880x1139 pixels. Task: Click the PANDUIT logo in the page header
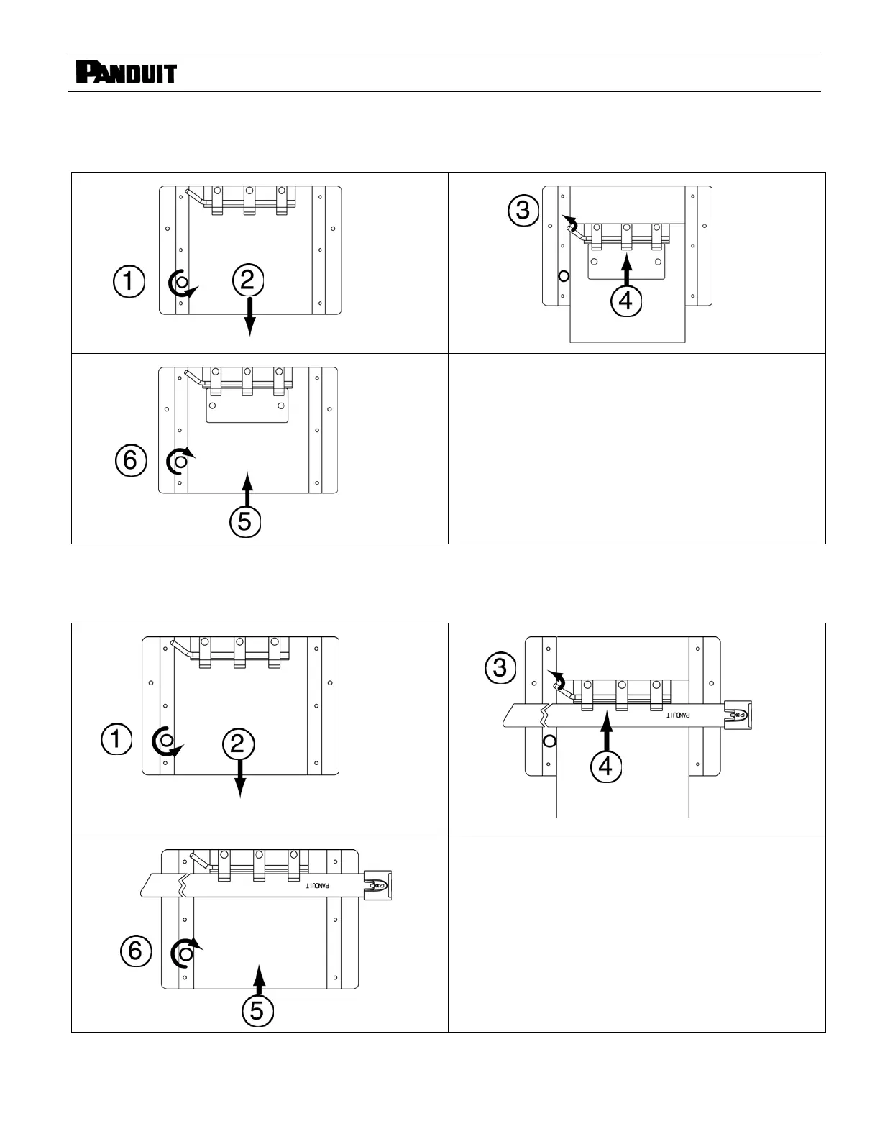tap(126, 73)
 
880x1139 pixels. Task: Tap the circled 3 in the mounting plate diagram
tap(523, 210)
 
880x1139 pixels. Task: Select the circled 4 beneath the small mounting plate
tap(625, 300)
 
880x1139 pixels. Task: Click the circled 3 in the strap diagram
tap(500, 668)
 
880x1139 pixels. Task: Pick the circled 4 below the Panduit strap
tap(605, 767)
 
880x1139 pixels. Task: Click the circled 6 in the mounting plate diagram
tap(130, 459)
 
